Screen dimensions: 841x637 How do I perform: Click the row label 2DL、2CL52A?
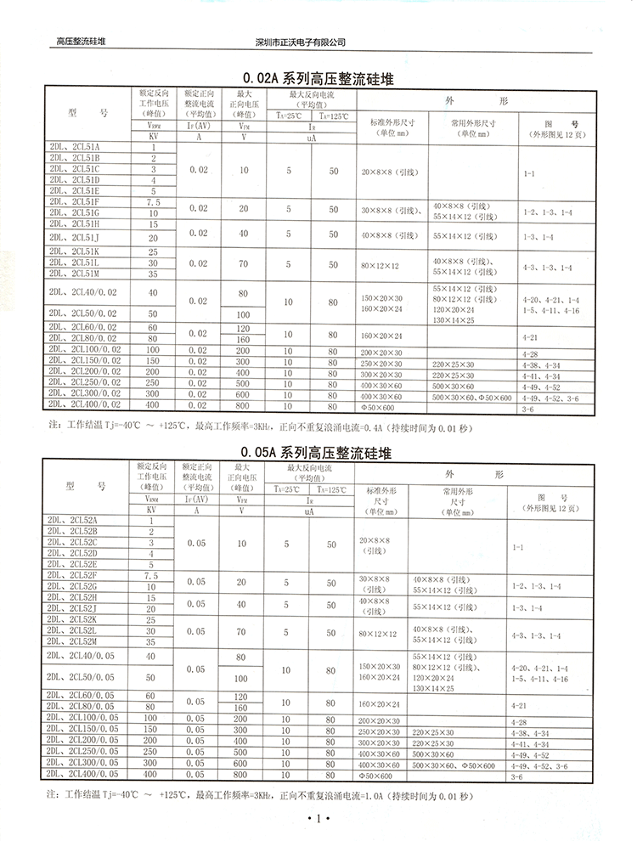tap(84, 520)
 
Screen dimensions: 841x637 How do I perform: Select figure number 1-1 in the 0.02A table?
tap(528, 173)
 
